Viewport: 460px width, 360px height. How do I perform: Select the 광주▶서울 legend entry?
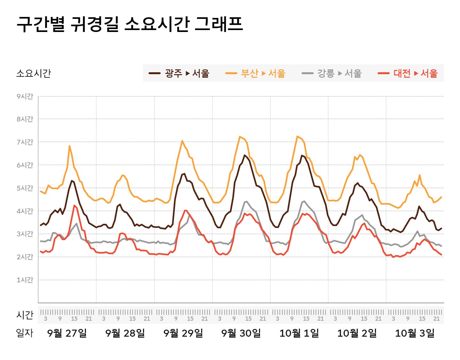click(x=179, y=73)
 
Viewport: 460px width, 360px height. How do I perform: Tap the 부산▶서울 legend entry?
click(x=255, y=73)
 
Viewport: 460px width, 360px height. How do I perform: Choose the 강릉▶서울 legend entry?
click(x=332, y=73)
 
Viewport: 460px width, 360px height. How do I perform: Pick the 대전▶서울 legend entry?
click(x=408, y=73)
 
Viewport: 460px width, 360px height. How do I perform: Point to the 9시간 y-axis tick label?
click(x=25, y=96)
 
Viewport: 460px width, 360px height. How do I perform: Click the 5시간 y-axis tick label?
click(x=25, y=188)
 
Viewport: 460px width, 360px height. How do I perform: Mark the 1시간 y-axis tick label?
click(x=25, y=280)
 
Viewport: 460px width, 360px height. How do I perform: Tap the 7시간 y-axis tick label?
click(x=25, y=142)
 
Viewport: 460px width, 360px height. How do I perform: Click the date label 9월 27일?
click(x=67, y=333)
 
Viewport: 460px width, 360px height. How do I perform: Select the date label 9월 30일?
click(x=241, y=333)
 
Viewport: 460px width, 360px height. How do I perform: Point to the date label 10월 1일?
click(x=299, y=333)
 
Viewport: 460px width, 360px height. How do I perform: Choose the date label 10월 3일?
click(x=415, y=333)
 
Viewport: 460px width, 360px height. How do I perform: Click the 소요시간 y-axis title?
click(x=34, y=73)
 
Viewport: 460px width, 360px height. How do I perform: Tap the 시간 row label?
click(x=25, y=315)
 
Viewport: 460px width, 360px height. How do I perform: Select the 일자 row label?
click(x=25, y=333)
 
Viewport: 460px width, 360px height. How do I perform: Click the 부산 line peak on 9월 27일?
click(x=69, y=146)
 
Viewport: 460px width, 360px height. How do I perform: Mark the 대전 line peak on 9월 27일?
click(x=74, y=206)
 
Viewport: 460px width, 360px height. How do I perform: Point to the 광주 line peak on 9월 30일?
click(x=245, y=155)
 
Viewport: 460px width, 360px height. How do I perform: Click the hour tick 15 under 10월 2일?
click(x=364, y=318)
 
